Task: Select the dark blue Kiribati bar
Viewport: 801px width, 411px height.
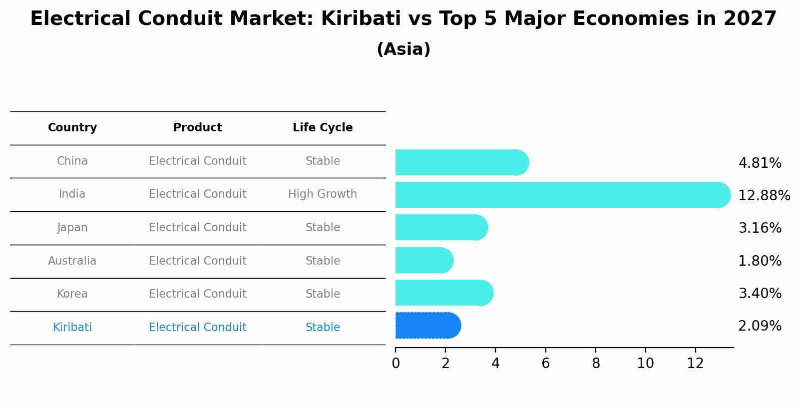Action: pos(427,326)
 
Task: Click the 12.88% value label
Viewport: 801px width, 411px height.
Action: pos(764,195)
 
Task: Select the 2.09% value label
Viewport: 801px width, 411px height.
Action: pos(760,326)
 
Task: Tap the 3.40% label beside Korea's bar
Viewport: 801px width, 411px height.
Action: pos(760,293)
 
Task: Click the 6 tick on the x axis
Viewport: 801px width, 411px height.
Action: pos(545,363)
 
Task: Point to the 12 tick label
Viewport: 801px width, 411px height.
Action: pos(695,363)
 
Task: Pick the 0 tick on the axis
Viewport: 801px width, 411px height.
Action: pos(396,363)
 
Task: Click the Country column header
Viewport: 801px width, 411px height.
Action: pos(72,128)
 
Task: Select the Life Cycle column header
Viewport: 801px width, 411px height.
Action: pos(323,128)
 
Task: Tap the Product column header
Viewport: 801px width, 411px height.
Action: pos(197,128)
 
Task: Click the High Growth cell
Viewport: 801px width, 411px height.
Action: pos(323,194)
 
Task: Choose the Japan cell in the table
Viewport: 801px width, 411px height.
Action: pos(72,228)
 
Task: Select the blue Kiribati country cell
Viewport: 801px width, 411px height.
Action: pos(72,328)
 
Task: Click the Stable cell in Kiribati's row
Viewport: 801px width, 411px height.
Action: pos(323,328)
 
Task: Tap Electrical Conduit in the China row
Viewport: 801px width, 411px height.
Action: pos(197,161)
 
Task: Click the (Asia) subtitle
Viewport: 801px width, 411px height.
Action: pos(403,49)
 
